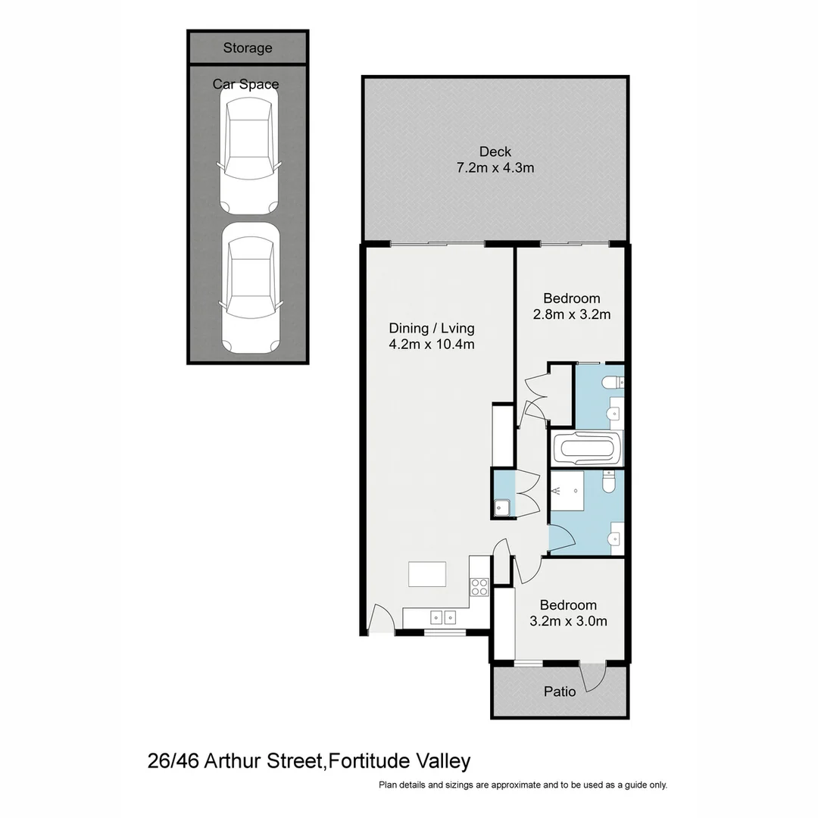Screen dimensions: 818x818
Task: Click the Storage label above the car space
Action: pos(247,48)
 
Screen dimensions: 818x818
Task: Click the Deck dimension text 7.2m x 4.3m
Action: pos(495,167)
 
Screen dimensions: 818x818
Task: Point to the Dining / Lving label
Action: pos(431,328)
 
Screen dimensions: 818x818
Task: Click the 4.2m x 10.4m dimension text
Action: pos(431,345)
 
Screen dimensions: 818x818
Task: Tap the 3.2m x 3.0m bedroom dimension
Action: pos(567,621)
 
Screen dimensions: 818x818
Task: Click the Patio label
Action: pos(560,692)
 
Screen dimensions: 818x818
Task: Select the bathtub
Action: pos(587,448)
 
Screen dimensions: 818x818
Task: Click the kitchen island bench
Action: pos(427,573)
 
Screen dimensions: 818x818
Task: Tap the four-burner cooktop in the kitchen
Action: pos(479,585)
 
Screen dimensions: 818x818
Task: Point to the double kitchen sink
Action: pos(442,617)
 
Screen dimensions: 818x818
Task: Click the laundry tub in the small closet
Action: pos(501,507)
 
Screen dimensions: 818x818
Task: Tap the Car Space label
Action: pos(245,84)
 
